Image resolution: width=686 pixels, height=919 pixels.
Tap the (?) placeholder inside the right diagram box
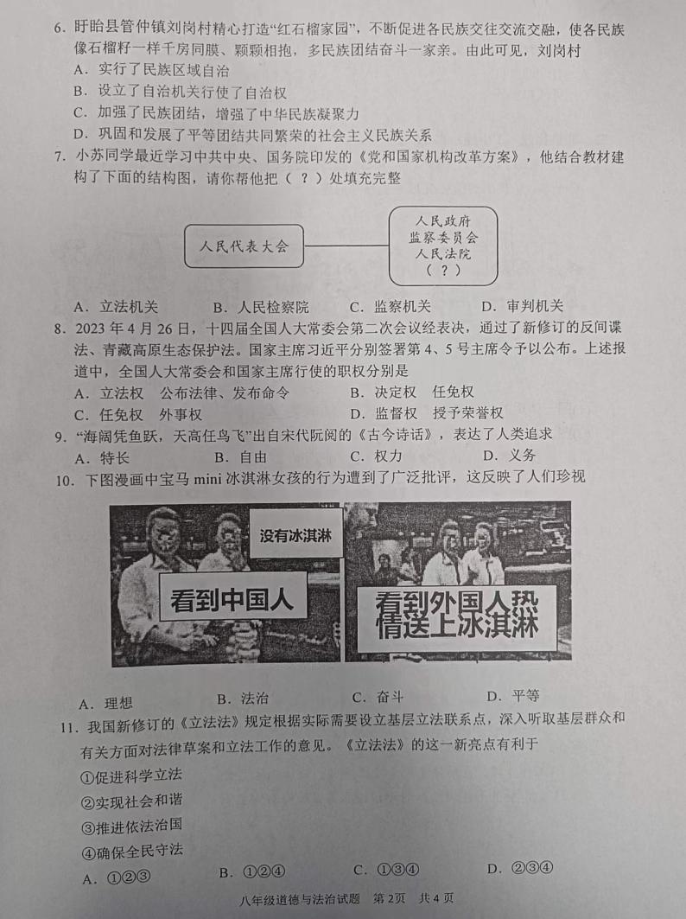click(443, 271)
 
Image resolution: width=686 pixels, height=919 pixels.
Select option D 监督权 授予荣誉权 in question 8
click(427, 412)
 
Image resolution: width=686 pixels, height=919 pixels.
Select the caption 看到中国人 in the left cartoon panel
click(232, 601)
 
